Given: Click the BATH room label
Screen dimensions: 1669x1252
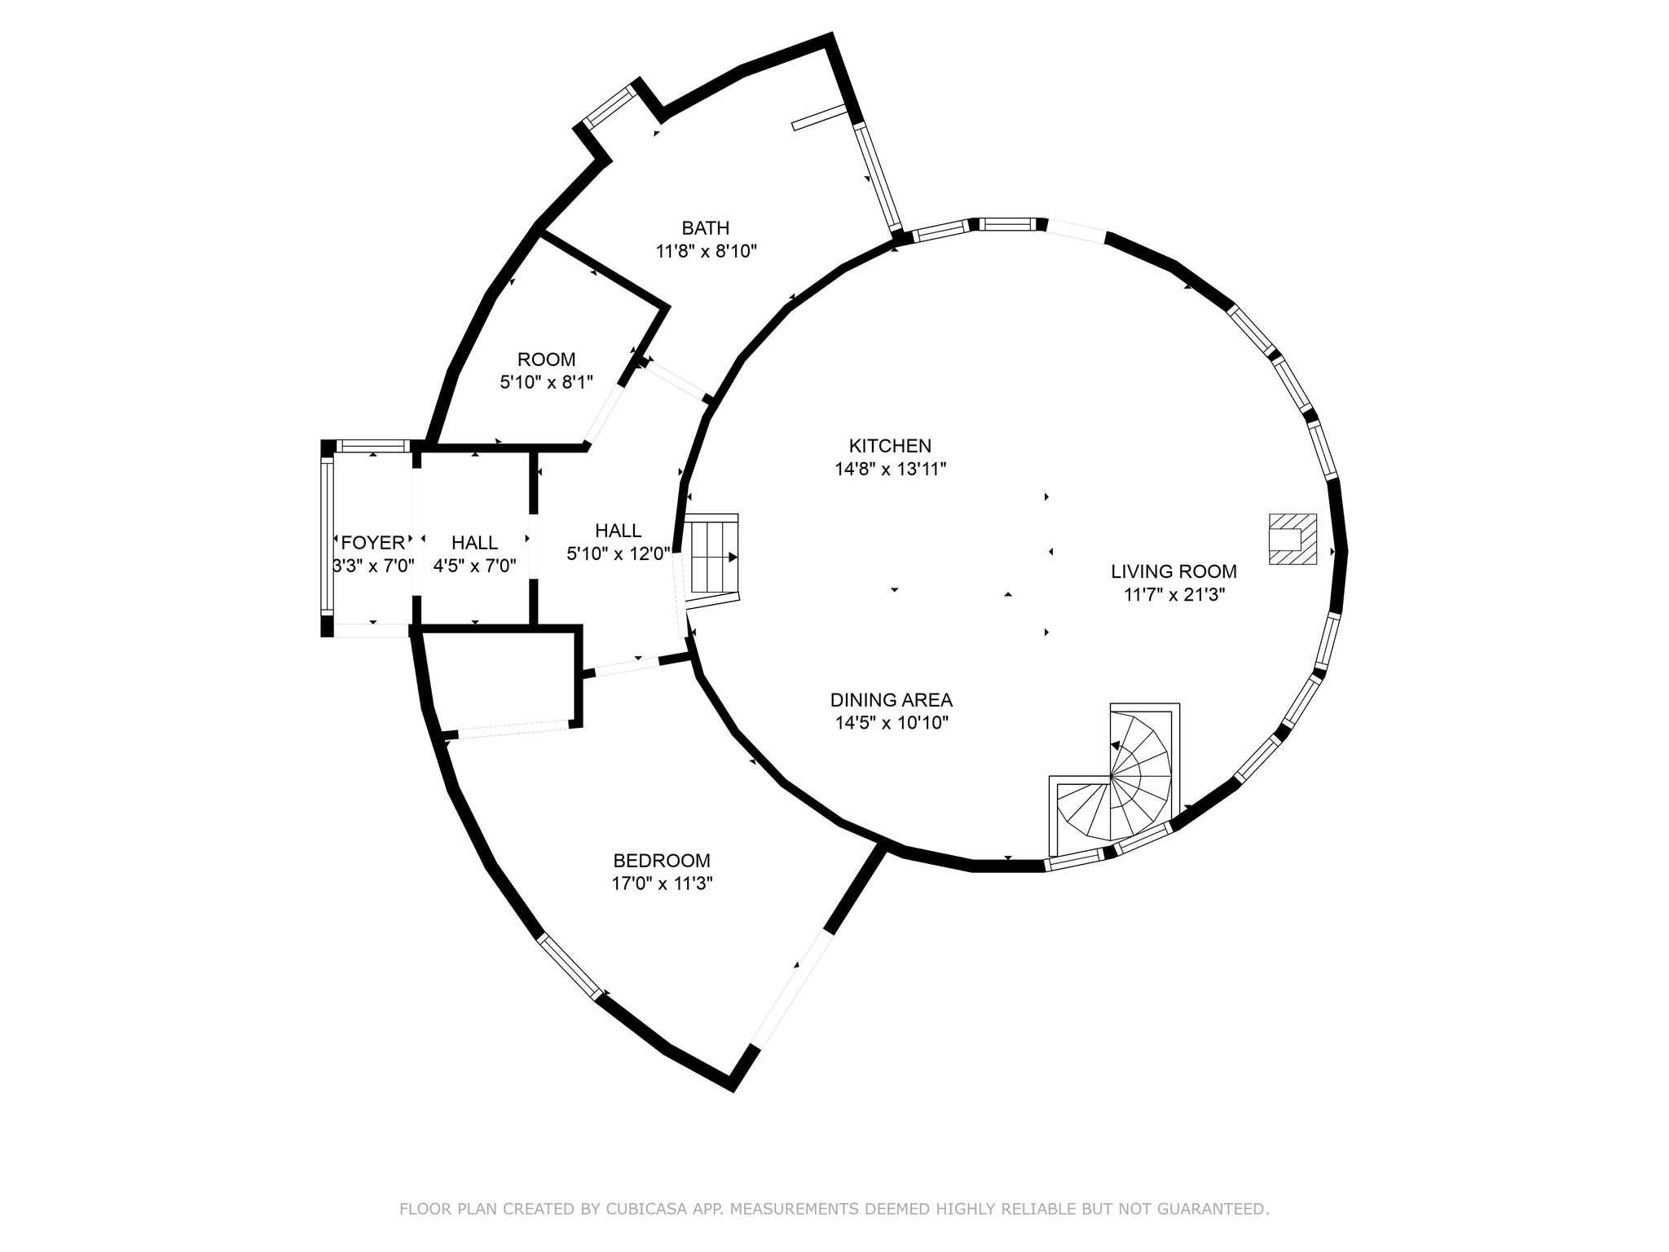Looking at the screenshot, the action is pyautogui.click(x=706, y=227).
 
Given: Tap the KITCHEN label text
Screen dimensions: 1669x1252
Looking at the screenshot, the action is pyautogui.click(x=890, y=446).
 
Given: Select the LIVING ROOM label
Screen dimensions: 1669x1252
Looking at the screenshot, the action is pyautogui.click(x=1174, y=571).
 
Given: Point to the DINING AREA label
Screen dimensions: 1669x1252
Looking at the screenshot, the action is pyautogui.click(x=892, y=699).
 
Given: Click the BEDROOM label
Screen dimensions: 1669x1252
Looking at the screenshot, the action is pyautogui.click(x=662, y=861).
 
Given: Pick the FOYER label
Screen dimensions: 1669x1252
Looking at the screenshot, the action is pyautogui.click(x=373, y=543).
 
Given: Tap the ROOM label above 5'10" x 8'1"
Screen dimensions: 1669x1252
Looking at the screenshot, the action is pyautogui.click(x=546, y=359).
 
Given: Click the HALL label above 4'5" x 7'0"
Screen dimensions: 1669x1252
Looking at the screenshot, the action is pyautogui.click(x=474, y=543).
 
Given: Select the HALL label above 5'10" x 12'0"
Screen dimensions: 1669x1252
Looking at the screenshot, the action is pyautogui.click(x=618, y=531).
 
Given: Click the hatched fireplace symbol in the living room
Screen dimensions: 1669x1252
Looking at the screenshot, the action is pyautogui.click(x=1292, y=539).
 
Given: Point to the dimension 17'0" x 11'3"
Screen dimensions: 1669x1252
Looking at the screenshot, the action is pyautogui.click(x=662, y=883).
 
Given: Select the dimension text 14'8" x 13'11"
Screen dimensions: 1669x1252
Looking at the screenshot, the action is pyautogui.click(x=890, y=469).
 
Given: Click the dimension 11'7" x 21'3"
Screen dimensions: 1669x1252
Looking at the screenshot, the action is pyautogui.click(x=1174, y=594).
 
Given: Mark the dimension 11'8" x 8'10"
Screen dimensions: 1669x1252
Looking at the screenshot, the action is pyautogui.click(x=707, y=251).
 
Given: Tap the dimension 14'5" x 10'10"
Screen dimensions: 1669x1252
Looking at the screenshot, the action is pyautogui.click(x=892, y=722).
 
